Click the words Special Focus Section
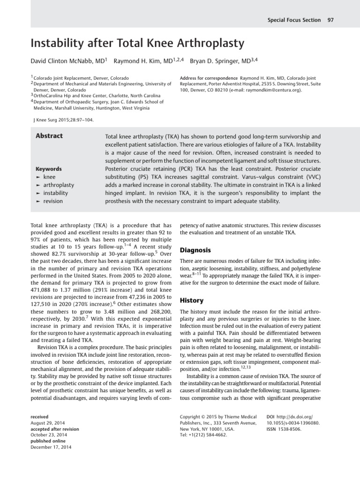(x=294, y=20)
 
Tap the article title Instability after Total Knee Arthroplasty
(x=137, y=44)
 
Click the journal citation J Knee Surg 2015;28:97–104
(x=62, y=119)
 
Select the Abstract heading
(x=49, y=136)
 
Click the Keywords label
(x=48, y=169)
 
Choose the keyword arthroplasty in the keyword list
(x=59, y=185)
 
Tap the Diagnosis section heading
(x=195, y=250)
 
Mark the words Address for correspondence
(x=209, y=77)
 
